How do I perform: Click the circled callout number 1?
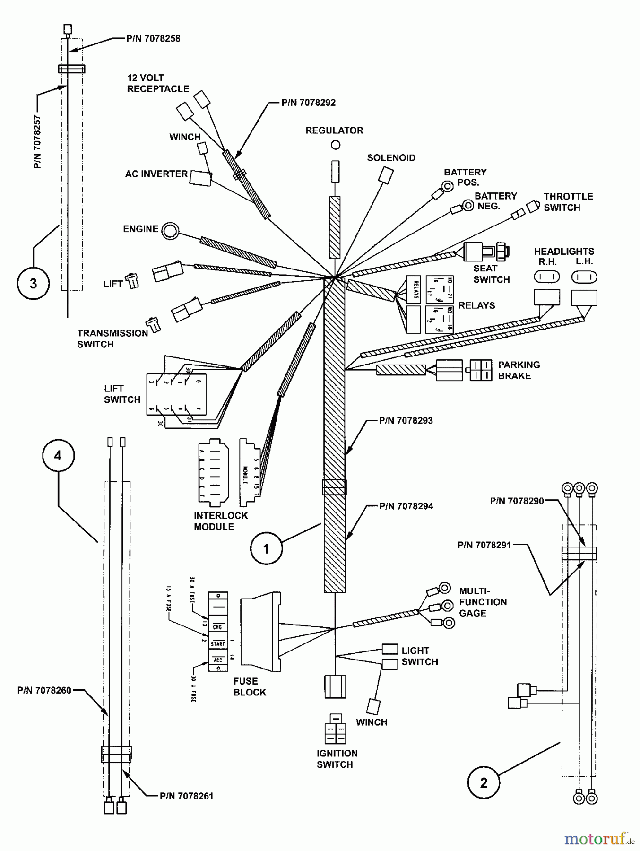[266, 548]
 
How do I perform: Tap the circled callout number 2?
[483, 782]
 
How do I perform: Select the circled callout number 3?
[33, 283]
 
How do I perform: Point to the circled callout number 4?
[58, 455]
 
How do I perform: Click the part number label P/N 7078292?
[308, 103]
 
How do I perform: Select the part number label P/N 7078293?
[406, 420]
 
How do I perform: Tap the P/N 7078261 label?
[186, 796]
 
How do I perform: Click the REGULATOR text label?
[334, 130]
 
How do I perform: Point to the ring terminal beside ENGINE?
[170, 231]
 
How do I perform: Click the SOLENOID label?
[391, 158]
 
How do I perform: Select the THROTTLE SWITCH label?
[568, 202]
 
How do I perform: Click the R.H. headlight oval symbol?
[546, 277]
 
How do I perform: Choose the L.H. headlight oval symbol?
[584, 277]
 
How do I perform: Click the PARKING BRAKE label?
[519, 370]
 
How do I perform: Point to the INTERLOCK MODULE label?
[220, 521]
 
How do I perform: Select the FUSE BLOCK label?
[249, 686]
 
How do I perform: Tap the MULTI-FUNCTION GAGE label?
[482, 602]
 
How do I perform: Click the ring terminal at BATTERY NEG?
[467, 205]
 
